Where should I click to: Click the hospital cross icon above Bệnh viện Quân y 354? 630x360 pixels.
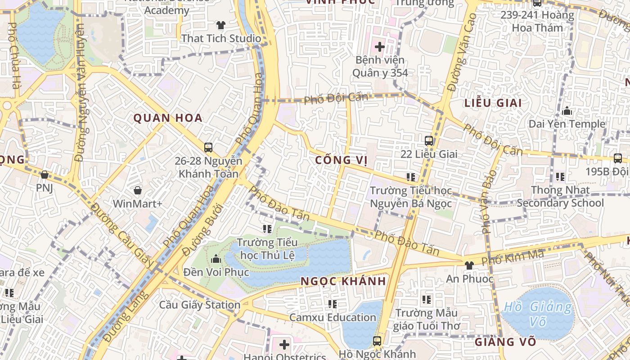379,46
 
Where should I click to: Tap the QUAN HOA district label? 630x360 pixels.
168,118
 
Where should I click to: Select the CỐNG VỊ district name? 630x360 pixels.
341,160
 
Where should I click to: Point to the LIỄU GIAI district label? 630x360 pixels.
493,103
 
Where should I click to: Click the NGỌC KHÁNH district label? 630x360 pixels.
343,282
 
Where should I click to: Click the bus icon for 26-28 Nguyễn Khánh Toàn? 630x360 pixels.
208,147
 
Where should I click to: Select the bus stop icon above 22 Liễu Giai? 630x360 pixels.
428,140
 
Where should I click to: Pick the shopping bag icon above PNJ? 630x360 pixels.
44,175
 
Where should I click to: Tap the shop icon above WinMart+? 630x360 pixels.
137,190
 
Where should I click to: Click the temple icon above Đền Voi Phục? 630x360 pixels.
216,259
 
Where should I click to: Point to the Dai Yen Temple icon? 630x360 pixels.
567,111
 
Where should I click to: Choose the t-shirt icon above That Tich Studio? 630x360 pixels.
220,25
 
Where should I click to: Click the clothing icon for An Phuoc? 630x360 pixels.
469,265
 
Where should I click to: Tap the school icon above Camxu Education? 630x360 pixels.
333,304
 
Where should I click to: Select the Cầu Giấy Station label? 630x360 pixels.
200,305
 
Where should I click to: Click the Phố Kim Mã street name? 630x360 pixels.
512,258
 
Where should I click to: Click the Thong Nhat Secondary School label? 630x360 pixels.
560,197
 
